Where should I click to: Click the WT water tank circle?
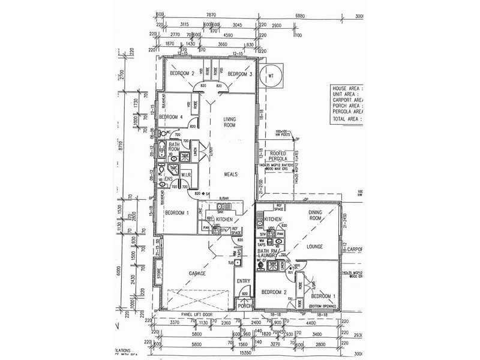coord(271,76)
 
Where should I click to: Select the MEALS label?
coord(231,175)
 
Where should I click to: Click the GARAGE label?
coord(197,273)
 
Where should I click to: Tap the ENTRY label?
coord(243,281)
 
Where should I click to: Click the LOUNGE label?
coord(315,246)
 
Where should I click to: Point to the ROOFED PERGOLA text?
coord(280,157)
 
